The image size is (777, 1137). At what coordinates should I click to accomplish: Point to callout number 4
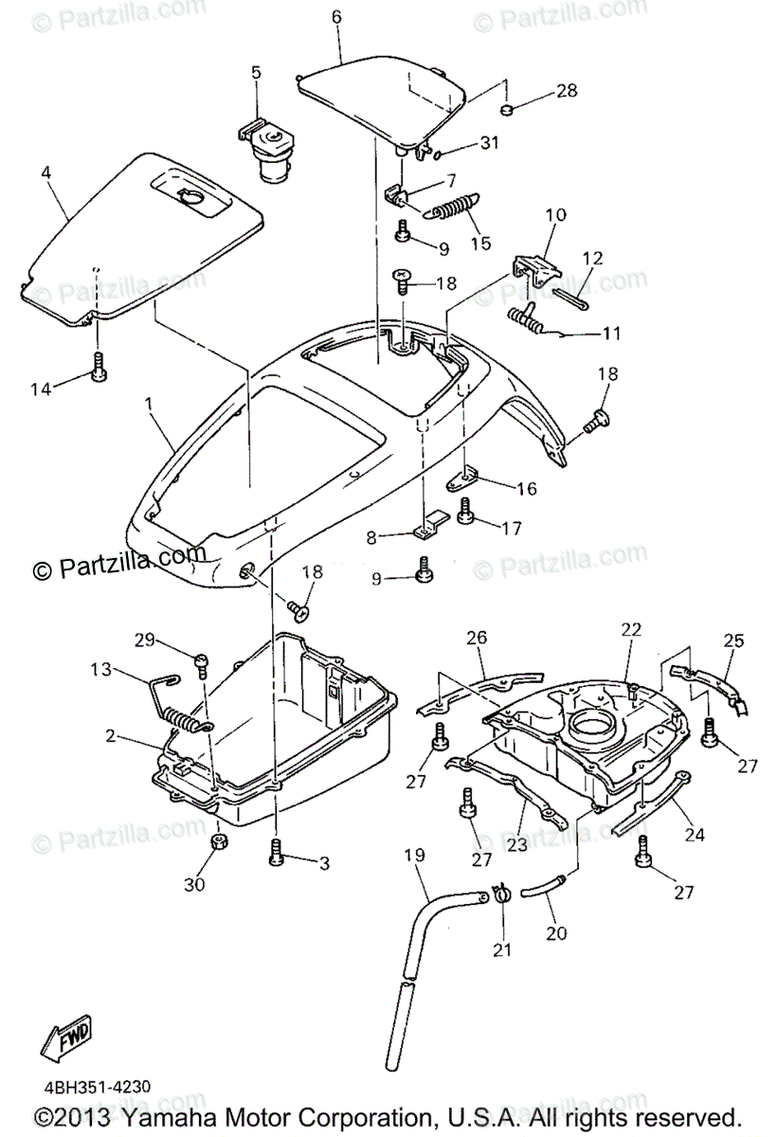pyautogui.click(x=45, y=172)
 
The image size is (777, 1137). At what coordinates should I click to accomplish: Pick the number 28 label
pyautogui.click(x=566, y=91)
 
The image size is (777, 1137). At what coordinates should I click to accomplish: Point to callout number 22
pyautogui.click(x=631, y=629)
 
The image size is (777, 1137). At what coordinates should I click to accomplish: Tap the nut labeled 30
pyautogui.click(x=216, y=842)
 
